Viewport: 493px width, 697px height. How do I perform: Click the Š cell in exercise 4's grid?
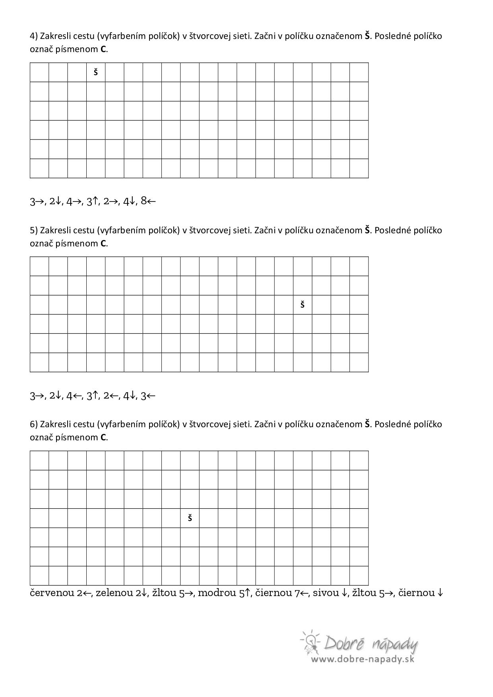96,72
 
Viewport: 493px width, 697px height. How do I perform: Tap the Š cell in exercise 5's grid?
303,305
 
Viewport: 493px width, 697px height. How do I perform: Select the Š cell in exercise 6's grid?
190,518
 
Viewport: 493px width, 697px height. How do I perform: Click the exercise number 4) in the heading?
34,36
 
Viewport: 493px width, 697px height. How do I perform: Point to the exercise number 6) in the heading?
34,424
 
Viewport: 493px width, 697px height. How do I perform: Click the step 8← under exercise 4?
148,201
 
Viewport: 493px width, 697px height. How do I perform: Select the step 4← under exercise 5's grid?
74,396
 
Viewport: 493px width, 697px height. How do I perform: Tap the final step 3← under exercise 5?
148,396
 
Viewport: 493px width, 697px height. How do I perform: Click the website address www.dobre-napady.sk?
362,659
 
